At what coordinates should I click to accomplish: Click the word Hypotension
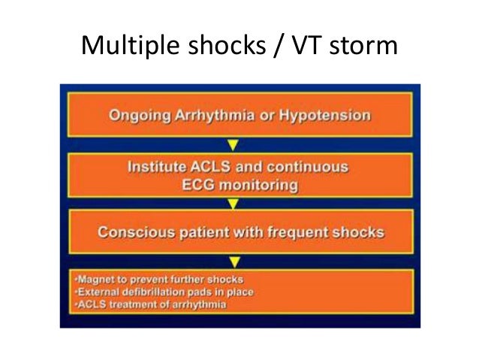click(324, 116)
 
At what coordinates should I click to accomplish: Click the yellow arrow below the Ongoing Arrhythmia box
click(233, 143)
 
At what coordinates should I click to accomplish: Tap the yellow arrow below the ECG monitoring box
click(233, 203)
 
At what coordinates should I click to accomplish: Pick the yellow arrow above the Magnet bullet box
click(233, 261)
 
